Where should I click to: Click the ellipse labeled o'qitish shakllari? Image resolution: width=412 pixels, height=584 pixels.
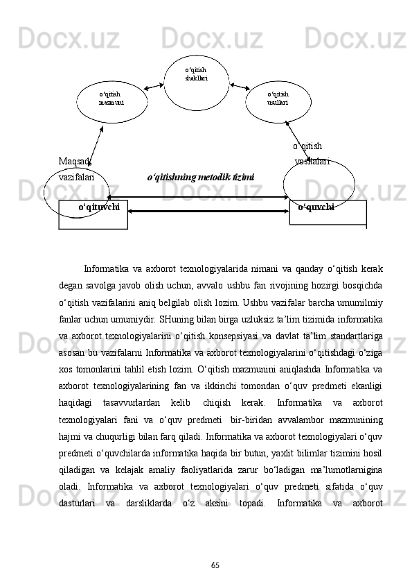(196, 82)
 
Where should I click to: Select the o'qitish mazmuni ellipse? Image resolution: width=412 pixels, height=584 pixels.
(111, 101)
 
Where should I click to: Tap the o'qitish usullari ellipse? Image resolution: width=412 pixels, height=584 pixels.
(278, 101)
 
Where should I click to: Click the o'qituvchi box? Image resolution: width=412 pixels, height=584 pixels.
(93, 214)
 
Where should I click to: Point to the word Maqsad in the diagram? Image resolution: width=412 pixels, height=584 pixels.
(74, 162)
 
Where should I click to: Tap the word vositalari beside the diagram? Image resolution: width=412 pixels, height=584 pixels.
(312, 162)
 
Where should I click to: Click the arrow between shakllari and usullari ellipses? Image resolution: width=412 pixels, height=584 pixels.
(238, 87)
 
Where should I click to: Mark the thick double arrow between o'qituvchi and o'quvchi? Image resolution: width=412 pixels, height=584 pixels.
(208, 210)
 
